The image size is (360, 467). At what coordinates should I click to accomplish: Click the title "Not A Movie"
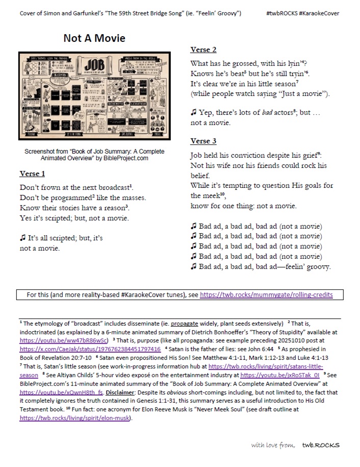[94, 38]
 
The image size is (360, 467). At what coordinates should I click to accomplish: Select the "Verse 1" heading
[33, 174]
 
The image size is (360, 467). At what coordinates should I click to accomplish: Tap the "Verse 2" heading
[203, 50]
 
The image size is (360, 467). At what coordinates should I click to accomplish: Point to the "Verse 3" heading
[203, 141]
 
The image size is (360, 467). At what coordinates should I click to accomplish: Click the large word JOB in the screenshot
[97, 67]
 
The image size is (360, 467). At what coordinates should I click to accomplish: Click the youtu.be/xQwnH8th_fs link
[62, 393]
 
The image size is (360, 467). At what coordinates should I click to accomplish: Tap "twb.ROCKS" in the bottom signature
[320, 445]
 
